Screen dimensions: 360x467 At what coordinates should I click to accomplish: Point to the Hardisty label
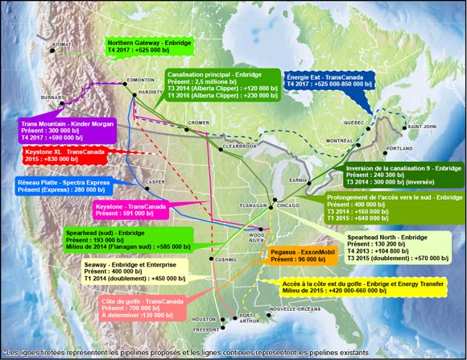151,93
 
